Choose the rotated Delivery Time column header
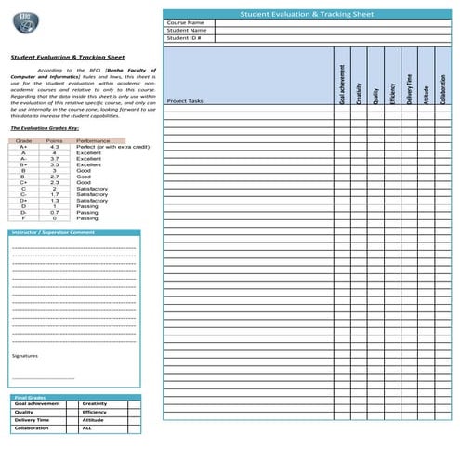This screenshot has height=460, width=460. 409,85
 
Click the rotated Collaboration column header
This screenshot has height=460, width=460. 442,85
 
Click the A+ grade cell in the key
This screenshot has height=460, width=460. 22,147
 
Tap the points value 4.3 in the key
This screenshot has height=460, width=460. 55,147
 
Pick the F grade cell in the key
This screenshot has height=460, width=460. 22,218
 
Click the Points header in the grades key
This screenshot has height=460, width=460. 55,140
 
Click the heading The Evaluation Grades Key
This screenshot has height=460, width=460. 45,127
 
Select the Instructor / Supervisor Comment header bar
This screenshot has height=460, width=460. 74,231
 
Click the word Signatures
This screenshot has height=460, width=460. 25,356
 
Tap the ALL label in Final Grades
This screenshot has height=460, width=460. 87,428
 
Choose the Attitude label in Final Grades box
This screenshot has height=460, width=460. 93,420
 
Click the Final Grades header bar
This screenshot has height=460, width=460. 74,397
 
